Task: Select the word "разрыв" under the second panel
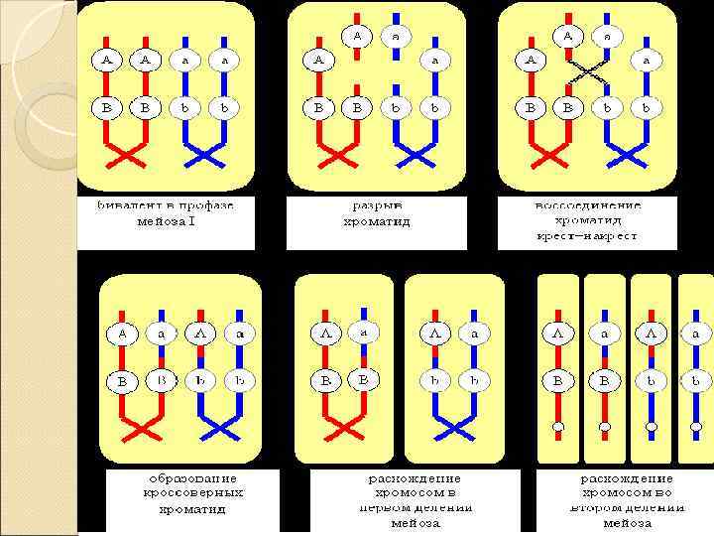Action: tap(375, 205)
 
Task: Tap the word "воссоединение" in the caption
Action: tap(588, 205)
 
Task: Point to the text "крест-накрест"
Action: tap(588, 236)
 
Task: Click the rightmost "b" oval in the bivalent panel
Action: tap(224, 105)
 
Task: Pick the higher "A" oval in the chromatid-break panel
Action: tap(357, 36)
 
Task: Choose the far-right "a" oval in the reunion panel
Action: tap(646, 60)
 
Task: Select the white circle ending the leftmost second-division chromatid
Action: tap(558, 427)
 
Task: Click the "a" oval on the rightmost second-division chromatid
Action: tap(696, 335)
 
